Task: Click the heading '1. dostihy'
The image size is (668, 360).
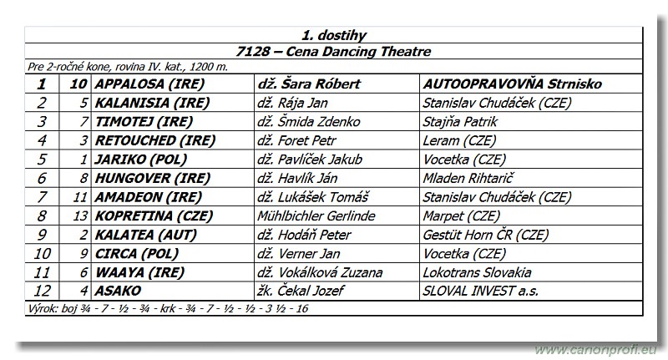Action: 333,36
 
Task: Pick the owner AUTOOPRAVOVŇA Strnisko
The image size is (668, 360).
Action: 513,84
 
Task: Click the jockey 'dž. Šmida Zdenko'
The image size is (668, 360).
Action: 309,122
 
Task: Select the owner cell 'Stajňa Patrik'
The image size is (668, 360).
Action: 465,122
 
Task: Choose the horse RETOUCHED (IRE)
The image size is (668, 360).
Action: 149,140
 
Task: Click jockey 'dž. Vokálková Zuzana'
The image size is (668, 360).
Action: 321,272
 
